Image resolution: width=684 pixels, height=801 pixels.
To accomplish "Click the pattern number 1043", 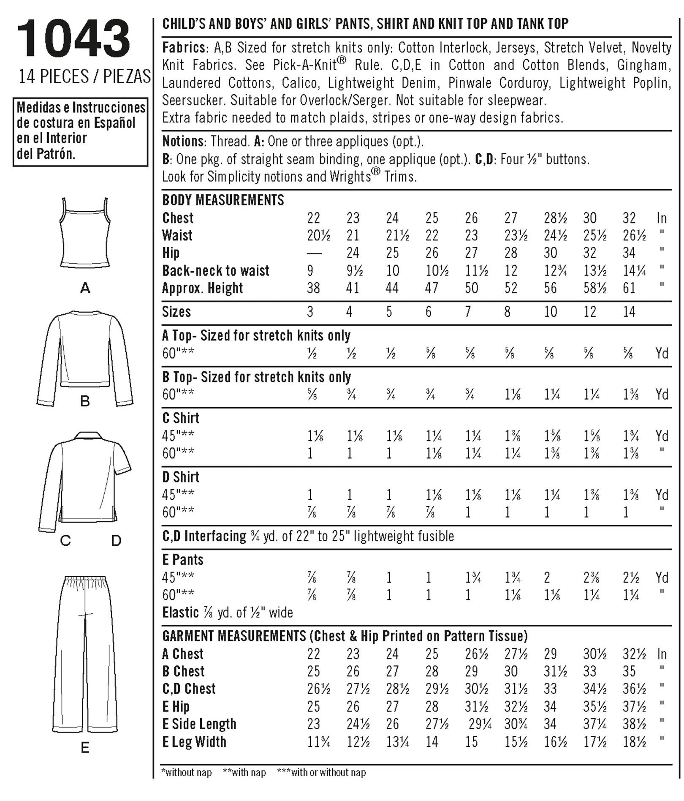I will [x=73, y=39].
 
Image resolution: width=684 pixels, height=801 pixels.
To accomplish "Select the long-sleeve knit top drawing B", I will [x=85, y=358].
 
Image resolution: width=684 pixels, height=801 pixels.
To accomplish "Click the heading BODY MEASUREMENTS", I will [x=223, y=200].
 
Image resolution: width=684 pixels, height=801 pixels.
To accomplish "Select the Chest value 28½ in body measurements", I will [x=555, y=218].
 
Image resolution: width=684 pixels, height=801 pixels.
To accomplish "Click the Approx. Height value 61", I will [x=629, y=288].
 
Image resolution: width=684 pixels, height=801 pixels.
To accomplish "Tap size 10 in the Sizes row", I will [x=550, y=312].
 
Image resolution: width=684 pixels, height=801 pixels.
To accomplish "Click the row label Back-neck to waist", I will [x=215, y=270].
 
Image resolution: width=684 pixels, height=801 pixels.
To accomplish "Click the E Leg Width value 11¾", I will [x=318, y=741].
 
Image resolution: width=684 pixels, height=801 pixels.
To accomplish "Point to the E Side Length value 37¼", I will [x=595, y=724].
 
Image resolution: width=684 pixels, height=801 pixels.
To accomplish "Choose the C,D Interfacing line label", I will [x=204, y=536].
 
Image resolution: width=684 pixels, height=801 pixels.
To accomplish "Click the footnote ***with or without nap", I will [x=321, y=772].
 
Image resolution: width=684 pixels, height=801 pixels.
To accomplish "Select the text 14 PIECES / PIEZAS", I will [x=84, y=76].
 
